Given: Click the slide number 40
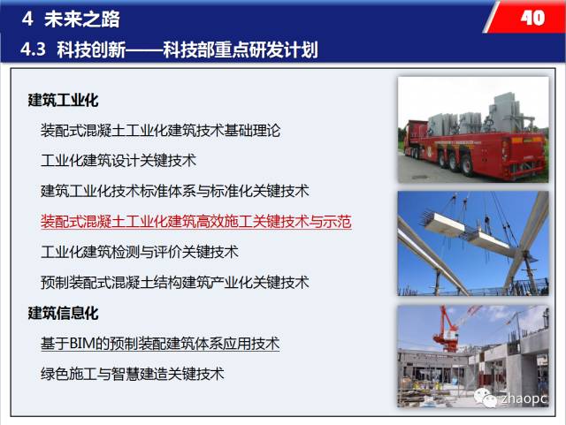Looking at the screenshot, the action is pos(532,18).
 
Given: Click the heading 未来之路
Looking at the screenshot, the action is pos(82,19).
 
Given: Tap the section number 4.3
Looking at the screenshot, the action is pos(34,49).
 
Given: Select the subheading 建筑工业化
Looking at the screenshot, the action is pos(63,100).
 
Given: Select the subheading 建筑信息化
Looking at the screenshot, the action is pos(63,313).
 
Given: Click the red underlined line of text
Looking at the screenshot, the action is pos(196,222).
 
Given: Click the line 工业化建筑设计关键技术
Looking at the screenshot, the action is pos(119,161).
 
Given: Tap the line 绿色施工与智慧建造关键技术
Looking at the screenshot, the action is pos(133,374).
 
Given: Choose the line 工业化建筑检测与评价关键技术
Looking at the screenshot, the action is pos(140,252).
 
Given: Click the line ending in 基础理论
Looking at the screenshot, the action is pos(161,130).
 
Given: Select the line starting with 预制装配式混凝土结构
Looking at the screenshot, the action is pos(175,282).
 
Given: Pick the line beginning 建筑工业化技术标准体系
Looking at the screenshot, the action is pos(175,191).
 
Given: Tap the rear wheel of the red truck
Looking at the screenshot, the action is pos(466,165).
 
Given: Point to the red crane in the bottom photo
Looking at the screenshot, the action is pos(450,329).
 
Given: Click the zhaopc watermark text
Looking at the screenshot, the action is pos(523,398).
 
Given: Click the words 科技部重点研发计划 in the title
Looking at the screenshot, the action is pos(241,49).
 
